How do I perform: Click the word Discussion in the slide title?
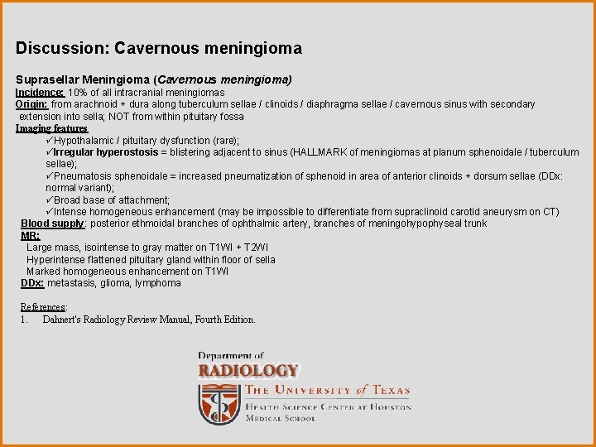(x=60, y=49)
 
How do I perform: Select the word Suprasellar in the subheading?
(x=46, y=79)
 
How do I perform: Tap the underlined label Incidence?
(x=40, y=93)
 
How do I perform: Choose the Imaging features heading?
(x=51, y=128)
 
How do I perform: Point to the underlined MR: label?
(x=30, y=236)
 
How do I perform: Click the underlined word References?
(x=43, y=307)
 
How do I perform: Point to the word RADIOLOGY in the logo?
(x=248, y=371)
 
